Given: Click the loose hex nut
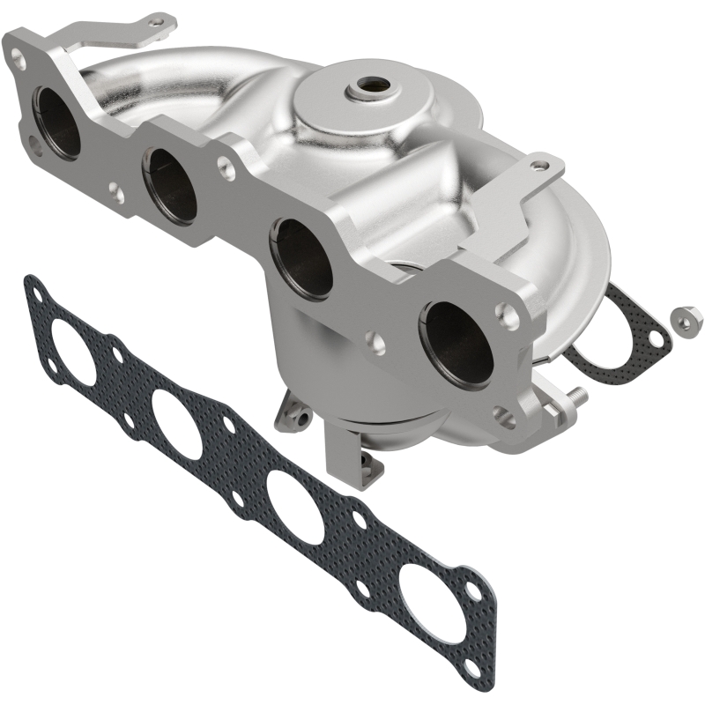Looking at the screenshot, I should pos(684,317).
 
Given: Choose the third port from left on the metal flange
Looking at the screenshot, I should pos(301,256).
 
